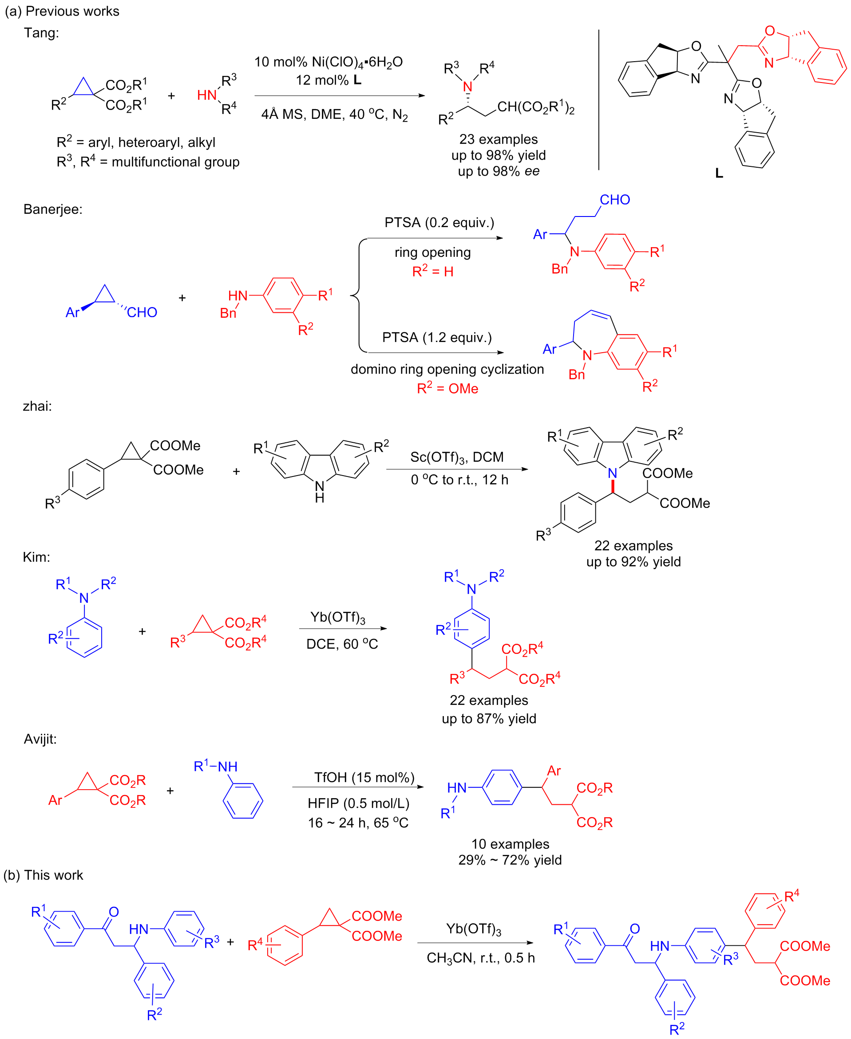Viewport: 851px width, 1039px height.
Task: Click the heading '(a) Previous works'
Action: tap(62, 11)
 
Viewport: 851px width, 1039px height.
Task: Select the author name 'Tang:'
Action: tap(41, 33)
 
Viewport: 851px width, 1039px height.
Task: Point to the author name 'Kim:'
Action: tap(36, 557)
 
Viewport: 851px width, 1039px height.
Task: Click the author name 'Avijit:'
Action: tap(40, 739)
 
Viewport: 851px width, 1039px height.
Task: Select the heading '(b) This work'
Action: tap(43, 875)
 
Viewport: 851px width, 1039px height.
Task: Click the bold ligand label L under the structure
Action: tap(719, 173)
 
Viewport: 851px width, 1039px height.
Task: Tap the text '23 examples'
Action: tap(498, 139)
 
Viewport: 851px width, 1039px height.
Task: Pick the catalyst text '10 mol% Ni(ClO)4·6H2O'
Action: tap(328, 62)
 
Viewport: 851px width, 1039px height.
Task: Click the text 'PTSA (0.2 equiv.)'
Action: tap(439, 222)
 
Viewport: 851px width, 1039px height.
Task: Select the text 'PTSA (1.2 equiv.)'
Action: tap(437, 338)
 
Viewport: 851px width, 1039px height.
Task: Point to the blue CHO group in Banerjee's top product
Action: tap(615, 200)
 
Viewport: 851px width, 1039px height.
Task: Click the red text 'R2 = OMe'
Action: tap(447, 389)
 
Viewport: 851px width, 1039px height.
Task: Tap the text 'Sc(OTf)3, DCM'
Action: tap(457, 457)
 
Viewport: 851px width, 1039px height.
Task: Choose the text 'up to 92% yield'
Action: tap(633, 561)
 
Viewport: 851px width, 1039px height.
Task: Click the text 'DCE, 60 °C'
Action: tap(342, 644)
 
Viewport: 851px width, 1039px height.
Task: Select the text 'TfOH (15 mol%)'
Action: tap(364, 777)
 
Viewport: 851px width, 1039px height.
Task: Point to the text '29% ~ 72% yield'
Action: tap(510, 860)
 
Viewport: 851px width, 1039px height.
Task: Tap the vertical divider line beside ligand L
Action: tap(598, 100)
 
